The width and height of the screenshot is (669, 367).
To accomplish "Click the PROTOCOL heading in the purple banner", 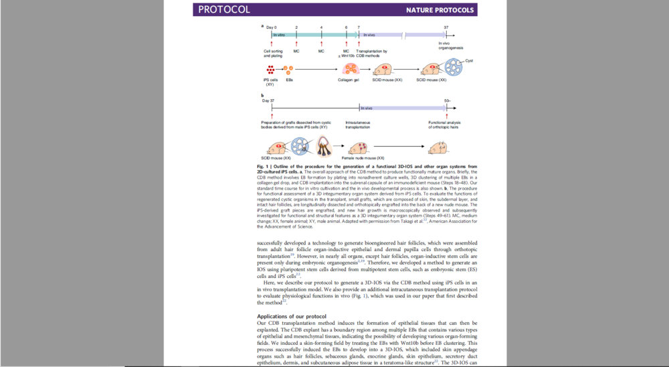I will tap(224, 10).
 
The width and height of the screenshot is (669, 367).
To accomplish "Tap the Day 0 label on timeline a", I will tap(270, 26).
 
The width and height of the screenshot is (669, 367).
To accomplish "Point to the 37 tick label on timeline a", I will tap(446, 26).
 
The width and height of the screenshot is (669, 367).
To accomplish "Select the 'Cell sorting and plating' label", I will tap(273, 54).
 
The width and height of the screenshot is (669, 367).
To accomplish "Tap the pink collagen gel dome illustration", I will tap(350, 69).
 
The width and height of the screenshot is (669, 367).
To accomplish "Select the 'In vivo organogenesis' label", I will tap(449, 46).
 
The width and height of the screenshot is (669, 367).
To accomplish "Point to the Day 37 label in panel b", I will tap(268, 100).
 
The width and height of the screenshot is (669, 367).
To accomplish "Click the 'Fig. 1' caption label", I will tap(262, 166).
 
